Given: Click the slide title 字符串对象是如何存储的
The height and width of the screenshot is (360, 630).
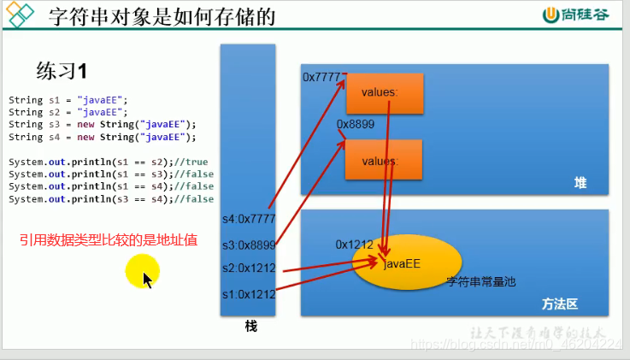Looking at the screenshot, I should [162, 16].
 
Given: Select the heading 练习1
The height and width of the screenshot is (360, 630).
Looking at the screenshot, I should [62, 69].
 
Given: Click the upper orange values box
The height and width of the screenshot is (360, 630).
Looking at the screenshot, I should [374, 92].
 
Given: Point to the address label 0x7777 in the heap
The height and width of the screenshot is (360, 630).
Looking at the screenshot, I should [321, 77].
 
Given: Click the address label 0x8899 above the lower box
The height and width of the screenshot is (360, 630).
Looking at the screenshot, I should [355, 125].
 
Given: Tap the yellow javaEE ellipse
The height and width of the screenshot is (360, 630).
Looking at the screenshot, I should [408, 263].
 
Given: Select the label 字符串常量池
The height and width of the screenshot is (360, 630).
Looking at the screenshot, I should [481, 280].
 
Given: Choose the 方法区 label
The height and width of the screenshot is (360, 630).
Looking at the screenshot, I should [560, 304].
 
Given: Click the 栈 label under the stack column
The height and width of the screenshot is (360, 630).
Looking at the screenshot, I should [250, 327].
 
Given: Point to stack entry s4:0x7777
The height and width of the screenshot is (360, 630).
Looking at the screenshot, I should [248, 219].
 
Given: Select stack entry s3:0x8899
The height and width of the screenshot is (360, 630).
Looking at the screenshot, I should [248, 245].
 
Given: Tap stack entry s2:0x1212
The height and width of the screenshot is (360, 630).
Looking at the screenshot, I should [248, 269].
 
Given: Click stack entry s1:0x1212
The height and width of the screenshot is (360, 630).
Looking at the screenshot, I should [248, 294].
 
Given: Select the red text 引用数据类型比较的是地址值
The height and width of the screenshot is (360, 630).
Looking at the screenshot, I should [109, 241].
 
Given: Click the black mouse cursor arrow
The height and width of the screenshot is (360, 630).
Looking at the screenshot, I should [148, 280].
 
